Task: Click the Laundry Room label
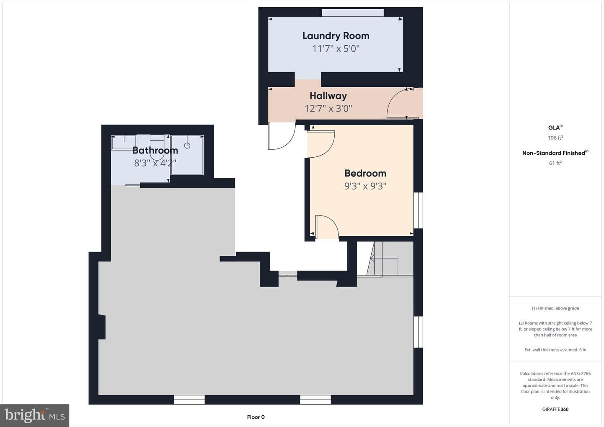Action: [x=336, y=36]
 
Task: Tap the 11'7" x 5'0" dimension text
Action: [x=336, y=49]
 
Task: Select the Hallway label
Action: [x=328, y=96]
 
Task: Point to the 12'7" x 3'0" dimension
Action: [x=328, y=109]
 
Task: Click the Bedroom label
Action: [x=365, y=173]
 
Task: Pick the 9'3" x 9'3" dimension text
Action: [x=365, y=186]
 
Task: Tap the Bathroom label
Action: [x=155, y=150]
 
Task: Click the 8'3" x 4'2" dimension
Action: [x=155, y=163]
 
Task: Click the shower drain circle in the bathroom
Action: [x=187, y=146]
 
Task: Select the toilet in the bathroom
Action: [x=157, y=148]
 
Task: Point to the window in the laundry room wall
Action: [x=353, y=13]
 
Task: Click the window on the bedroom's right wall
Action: [x=418, y=210]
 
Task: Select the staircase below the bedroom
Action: [x=385, y=258]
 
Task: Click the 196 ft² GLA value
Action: [x=555, y=138]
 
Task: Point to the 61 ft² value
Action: [x=555, y=163]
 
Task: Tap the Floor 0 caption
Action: [x=256, y=417]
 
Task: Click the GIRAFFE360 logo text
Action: [x=555, y=409]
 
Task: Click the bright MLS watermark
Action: [x=35, y=415]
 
